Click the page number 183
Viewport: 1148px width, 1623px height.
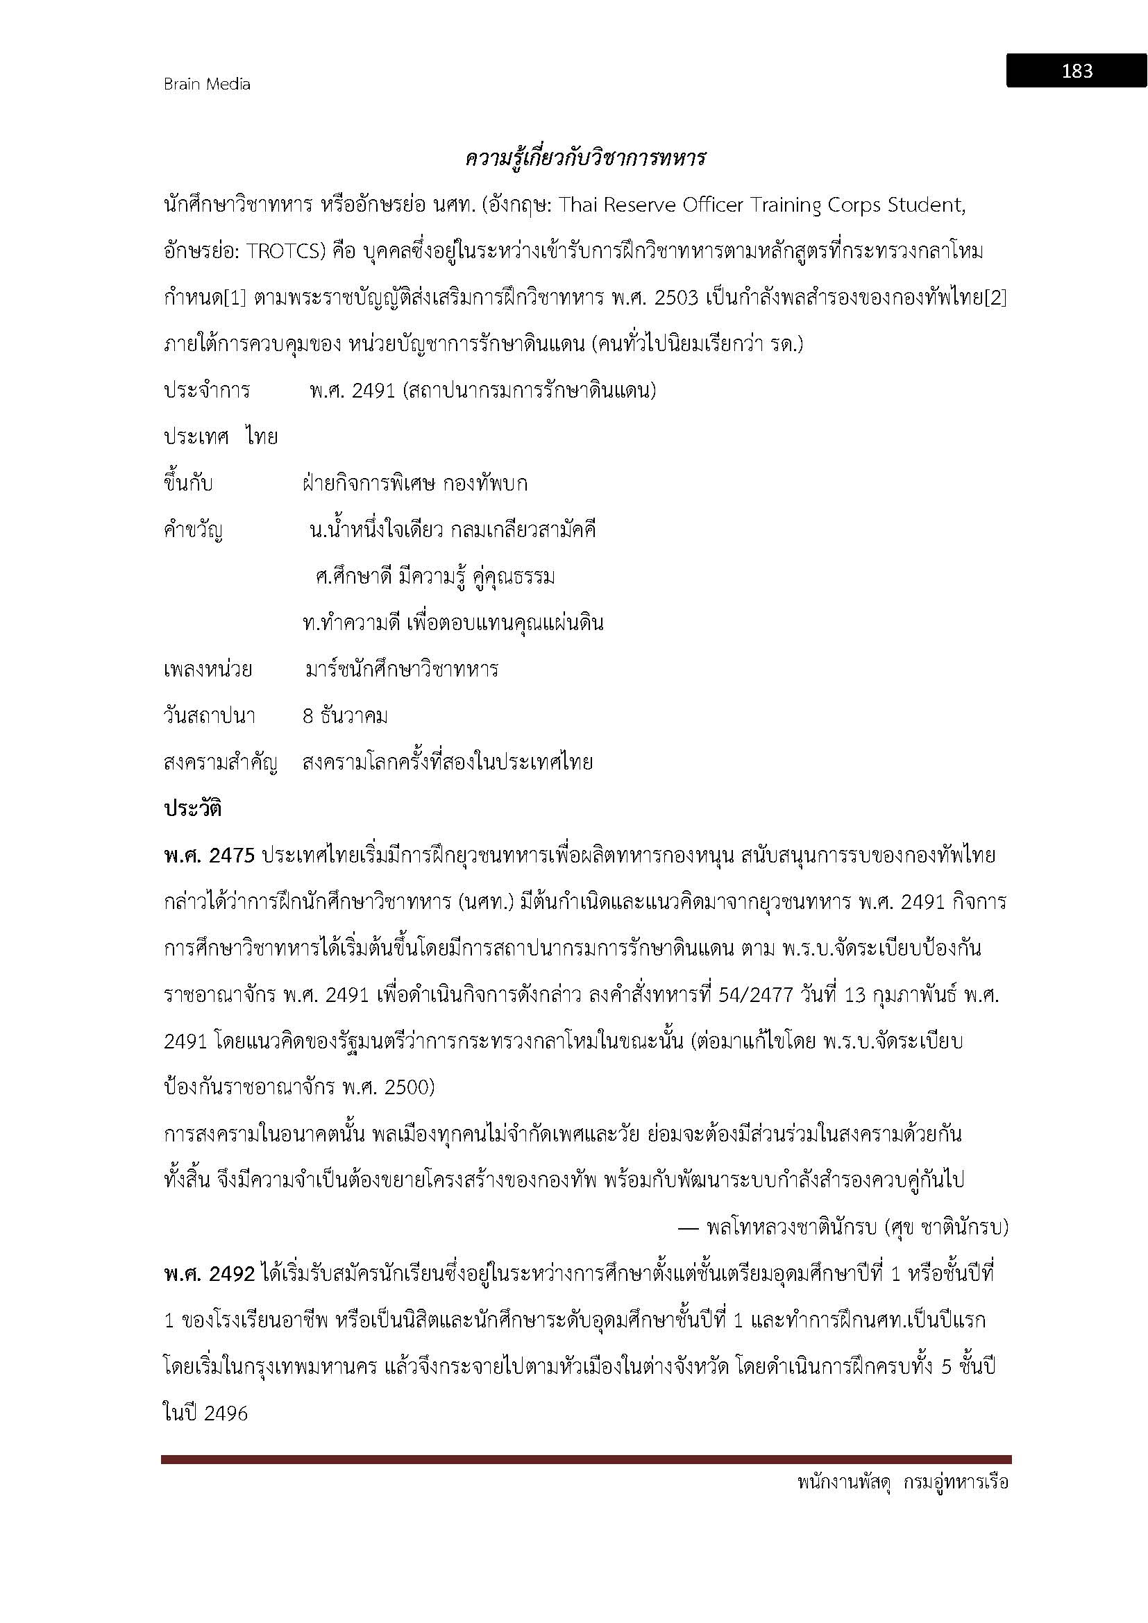point(1077,71)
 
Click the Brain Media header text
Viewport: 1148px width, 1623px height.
point(207,84)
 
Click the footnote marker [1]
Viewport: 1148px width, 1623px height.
point(235,298)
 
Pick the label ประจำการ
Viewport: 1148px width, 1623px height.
point(206,391)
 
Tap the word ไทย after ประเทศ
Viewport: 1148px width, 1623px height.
point(262,438)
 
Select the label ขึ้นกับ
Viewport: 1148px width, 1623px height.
point(188,484)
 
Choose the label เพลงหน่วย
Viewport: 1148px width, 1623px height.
point(207,670)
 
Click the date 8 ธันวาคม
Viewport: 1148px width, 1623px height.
point(345,716)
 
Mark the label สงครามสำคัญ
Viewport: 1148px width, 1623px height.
point(220,763)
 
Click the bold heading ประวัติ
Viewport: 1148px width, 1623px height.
point(192,808)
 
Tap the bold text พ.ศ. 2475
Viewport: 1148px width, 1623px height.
point(208,856)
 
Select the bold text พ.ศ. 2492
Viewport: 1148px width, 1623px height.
point(208,1274)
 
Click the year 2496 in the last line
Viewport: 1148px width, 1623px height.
point(226,1413)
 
